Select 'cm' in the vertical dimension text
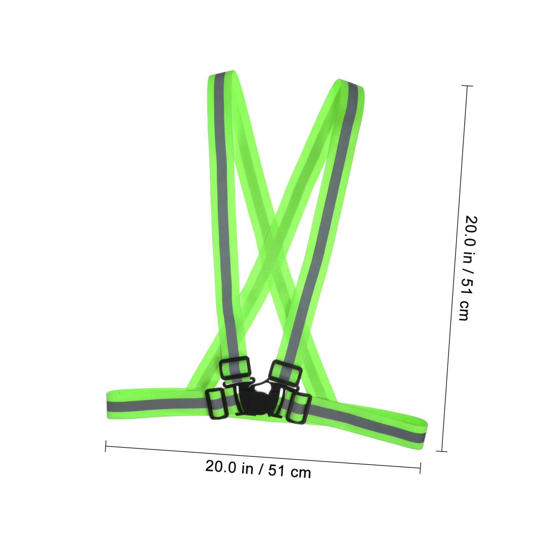(x=463, y=310)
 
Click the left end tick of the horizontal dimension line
(x=105, y=446)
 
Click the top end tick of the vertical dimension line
(x=467, y=86)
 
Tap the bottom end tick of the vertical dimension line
(x=441, y=451)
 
